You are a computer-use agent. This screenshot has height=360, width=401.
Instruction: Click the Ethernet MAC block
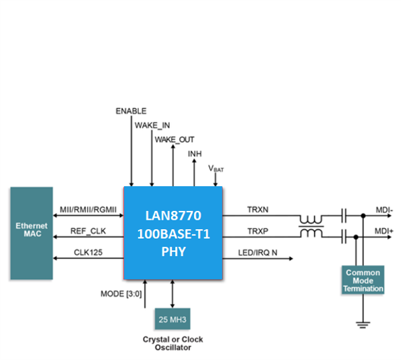click(x=32, y=233)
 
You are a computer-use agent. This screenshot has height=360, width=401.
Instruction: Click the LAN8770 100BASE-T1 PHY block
click(x=173, y=233)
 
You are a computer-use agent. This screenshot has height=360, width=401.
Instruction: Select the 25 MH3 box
click(x=173, y=319)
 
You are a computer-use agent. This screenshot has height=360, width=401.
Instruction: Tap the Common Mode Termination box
click(x=363, y=280)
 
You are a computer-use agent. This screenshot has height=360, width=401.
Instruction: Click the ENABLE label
click(x=131, y=111)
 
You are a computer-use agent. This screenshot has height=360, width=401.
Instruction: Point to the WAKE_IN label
click(x=152, y=125)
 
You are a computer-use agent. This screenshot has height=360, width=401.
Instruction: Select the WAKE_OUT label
click(x=175, y=140)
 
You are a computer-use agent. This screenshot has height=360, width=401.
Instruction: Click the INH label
click(x=195, y=154)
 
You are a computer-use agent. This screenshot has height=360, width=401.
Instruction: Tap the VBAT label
click(x=216, y=169)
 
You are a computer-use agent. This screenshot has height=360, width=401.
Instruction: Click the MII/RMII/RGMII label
click(x=88, y=210)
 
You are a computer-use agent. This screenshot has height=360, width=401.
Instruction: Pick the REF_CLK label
click(x=88, y=231)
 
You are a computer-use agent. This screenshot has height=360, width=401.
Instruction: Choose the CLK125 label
click(x=88, y=253)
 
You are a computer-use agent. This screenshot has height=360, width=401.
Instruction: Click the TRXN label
click(x=257, y=210)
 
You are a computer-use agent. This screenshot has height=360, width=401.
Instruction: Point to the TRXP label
click(x=257, y=231)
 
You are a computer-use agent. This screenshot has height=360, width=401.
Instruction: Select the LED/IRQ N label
click(x=257, y=253)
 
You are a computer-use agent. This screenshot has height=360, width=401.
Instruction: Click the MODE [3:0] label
click(x=121, y=294)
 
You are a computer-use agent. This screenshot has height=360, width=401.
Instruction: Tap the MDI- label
click(x=384, y=210)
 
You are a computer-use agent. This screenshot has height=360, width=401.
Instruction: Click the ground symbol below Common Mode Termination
click(x=363, y=325)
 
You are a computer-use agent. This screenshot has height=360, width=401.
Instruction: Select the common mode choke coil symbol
click(x=311, y=227)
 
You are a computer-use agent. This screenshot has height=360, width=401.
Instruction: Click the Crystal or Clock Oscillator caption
click(x=173, y=343)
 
